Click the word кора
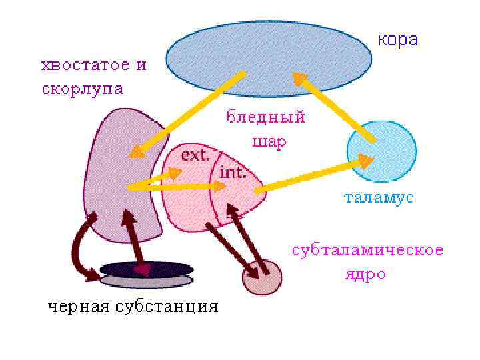coord(399,40)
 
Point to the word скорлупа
coord(83,89)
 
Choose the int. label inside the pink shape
coord(233,173)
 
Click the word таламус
coord(379,199)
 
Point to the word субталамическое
coord(367,251)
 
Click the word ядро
coord(365,274)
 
